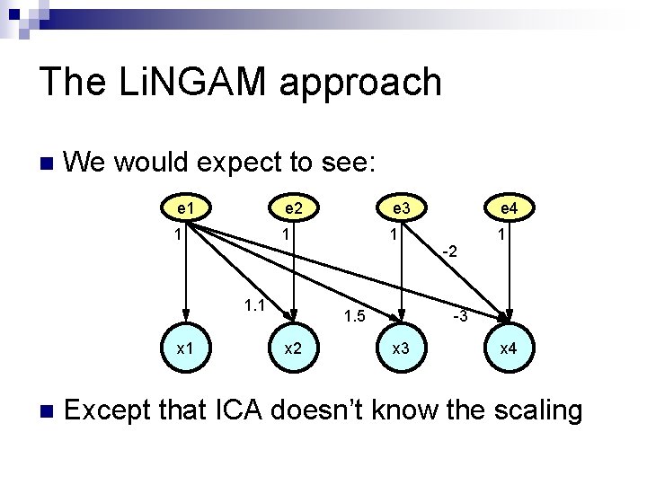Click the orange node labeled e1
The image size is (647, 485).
(186, 208)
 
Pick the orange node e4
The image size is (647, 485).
(508, 208)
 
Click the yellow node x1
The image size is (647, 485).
(186, 347)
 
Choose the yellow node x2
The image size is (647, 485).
(293, 347)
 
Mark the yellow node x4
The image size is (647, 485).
(508, 347)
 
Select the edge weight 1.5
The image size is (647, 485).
(356, 316)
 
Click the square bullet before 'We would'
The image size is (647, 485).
(47, 163)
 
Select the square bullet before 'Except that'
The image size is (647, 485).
(47, 411)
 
